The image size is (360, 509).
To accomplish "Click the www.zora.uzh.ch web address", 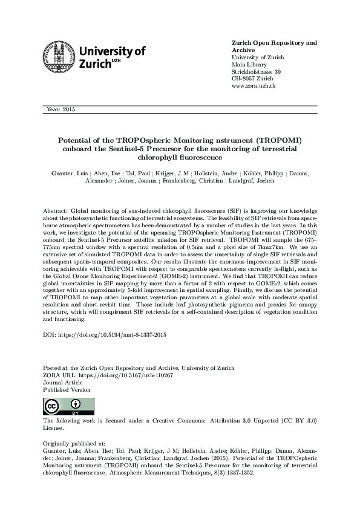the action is point(254,86).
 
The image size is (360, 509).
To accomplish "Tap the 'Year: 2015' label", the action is point(61,109).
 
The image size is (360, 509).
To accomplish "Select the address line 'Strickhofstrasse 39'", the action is point(257,72).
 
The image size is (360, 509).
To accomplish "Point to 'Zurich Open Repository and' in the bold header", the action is point(275,44).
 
